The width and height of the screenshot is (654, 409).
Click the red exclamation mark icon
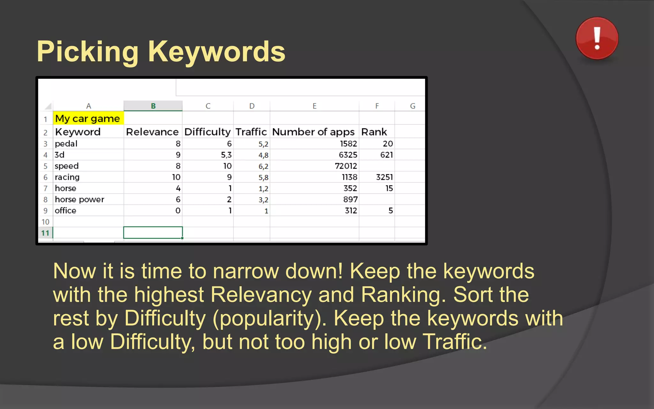597,38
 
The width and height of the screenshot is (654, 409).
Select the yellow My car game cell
88,119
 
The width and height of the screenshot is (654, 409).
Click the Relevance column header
152,132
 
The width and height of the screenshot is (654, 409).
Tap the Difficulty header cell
207,132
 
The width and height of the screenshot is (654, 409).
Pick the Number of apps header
313,132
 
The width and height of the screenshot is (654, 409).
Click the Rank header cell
374,132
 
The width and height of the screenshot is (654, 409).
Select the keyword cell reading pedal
66,144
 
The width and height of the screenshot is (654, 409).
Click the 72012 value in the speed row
346,166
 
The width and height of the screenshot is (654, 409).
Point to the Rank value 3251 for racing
384,177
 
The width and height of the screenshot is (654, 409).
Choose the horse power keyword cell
80,200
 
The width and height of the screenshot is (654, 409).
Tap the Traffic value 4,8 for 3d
263,155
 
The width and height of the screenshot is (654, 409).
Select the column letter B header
153,106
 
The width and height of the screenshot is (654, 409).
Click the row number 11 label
45,233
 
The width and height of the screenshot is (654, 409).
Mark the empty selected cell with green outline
153,233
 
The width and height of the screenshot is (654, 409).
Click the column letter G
413,106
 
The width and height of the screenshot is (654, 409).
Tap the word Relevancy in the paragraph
261,295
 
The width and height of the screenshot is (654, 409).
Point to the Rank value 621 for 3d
386,155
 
